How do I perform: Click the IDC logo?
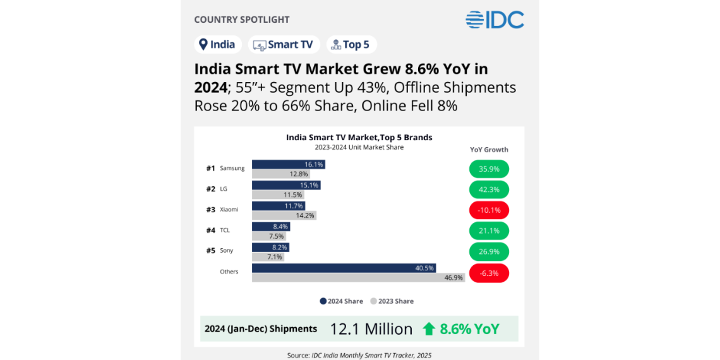pos(495,20)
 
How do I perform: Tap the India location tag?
pos(217,44)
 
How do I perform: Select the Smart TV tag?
pos(284,44)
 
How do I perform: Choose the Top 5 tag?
pos(351,44)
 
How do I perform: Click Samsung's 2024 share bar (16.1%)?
pos(288,164)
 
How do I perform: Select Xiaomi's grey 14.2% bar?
pos(284,215)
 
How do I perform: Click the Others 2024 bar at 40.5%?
pos(344,268)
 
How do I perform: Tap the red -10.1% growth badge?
pos(489,210)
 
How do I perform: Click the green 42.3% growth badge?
pos(489,189)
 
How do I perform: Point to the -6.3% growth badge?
pos(489,273)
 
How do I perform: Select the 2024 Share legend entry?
pos(341,301)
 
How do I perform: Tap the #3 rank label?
pos(211,209)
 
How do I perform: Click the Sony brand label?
pos(226,250)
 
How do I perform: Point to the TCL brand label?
pos(225,230)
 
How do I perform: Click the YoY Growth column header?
pos(489,150)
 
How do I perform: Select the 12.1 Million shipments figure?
pos(371,329)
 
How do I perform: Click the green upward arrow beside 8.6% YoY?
pos(429,328)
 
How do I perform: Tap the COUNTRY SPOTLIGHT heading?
pos(241,20)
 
